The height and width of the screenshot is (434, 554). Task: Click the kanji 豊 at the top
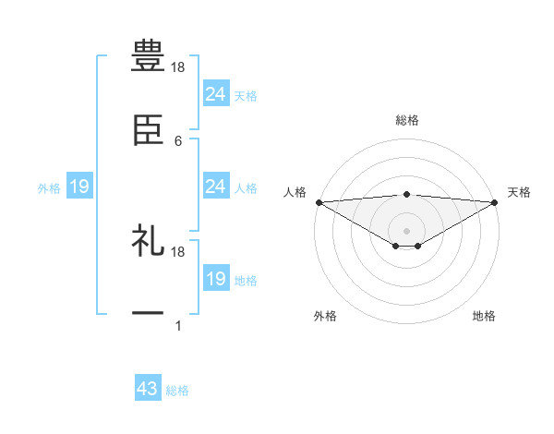point(148,54)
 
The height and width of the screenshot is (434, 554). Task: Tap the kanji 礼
point(148,242)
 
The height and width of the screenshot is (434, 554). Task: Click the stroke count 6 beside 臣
point(178,141)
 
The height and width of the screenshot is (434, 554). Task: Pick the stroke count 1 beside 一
point(178,326)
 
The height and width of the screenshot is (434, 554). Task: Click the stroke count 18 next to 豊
point(179,67)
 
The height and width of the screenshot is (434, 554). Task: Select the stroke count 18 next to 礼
point(179,252)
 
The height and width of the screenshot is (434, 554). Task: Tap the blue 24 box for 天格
point(216,94)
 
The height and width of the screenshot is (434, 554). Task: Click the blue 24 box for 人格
point(216,187)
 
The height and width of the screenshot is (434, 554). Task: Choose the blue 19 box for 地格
point(216,279)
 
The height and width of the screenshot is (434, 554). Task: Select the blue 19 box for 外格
point(79,187)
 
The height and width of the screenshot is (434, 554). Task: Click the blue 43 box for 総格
point(148,390)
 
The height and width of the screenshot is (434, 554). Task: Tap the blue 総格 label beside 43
point(177,391)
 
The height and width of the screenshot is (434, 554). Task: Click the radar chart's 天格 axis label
point(519,192)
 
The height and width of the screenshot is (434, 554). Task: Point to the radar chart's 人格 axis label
point(295,192)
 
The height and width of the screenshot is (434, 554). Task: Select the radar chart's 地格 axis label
point(484,316)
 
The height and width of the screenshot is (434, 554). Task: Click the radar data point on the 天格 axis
point(495,201)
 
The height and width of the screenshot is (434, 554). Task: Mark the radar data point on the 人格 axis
point(319,201)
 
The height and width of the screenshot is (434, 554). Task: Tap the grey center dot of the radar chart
point(406,230)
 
